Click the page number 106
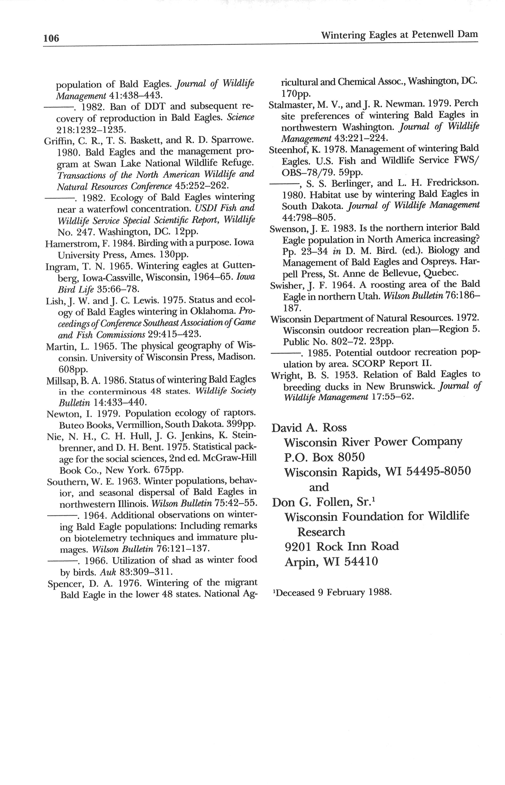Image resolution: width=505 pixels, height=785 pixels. point(51,38)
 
